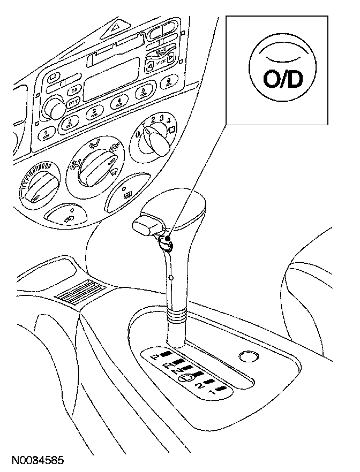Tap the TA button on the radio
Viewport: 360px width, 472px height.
pos(76,89)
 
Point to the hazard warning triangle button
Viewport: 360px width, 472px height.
pos(116,25)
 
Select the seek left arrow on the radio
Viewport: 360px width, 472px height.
pos(151,66)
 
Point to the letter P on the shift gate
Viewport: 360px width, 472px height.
pos(156,356)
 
